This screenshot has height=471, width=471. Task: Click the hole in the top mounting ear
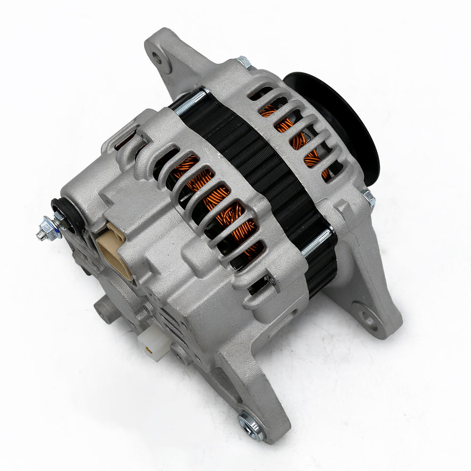tap(157, 58)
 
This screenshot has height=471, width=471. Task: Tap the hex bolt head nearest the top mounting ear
tap(243, 61)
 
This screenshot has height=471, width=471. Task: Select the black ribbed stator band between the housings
tap(264, 170)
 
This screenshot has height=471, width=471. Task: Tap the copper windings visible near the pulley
tap(292, 132)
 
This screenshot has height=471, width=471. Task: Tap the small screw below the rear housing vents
tap(271, 281)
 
